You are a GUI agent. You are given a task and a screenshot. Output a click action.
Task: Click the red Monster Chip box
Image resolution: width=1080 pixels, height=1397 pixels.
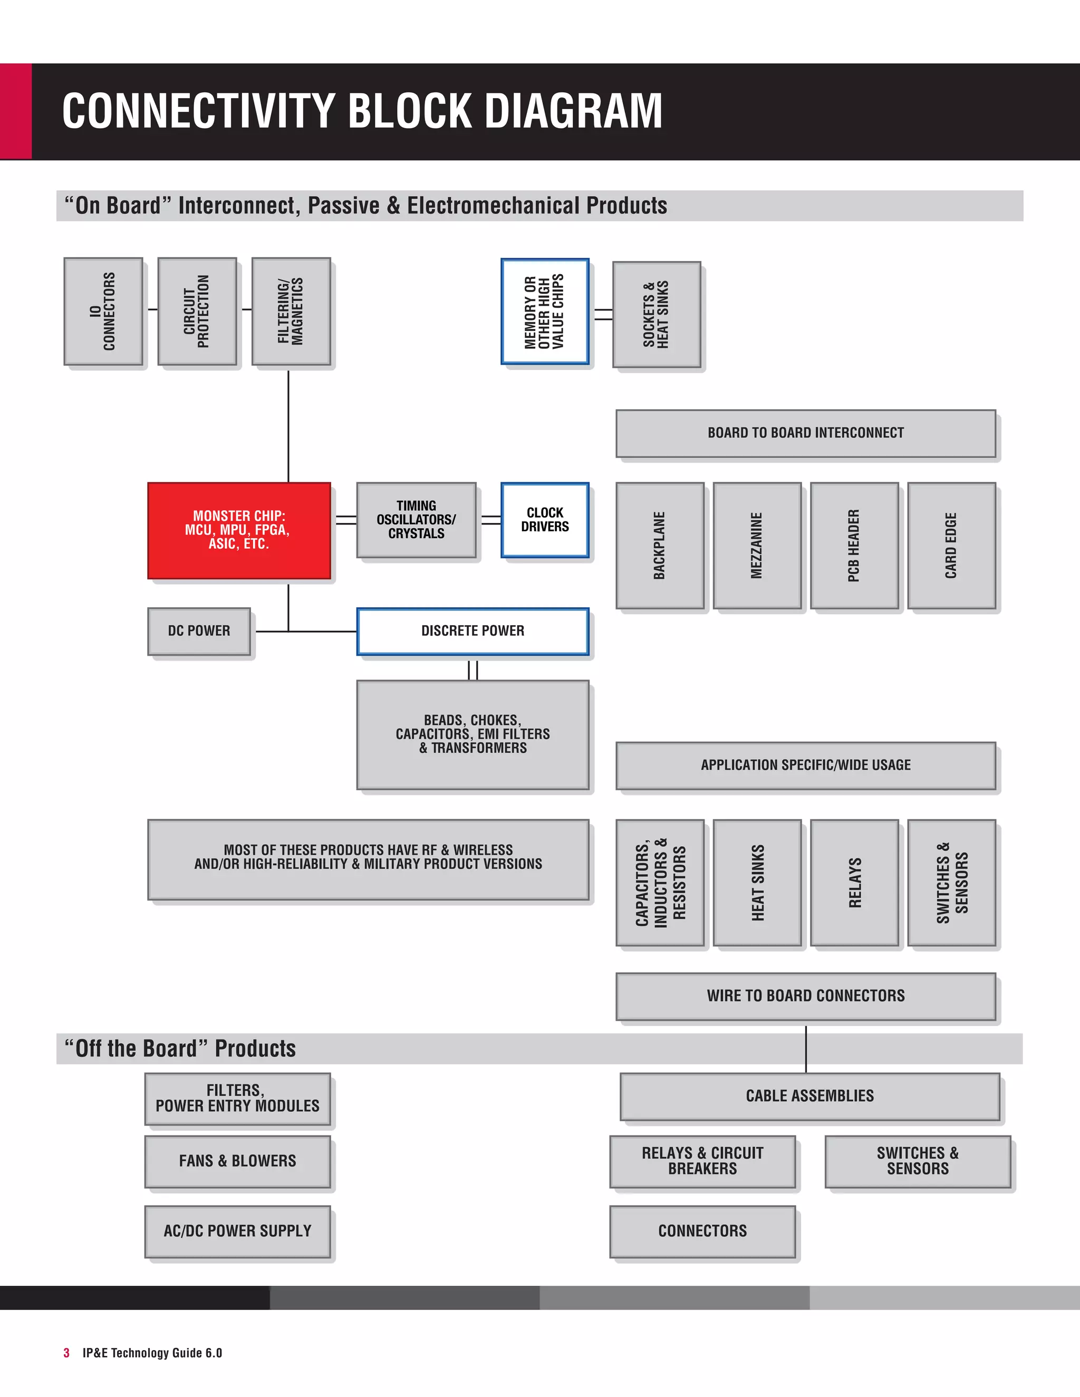click(x=239, y=530)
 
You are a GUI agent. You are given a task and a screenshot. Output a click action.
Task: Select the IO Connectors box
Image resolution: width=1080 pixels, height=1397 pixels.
click(x=103, y=312)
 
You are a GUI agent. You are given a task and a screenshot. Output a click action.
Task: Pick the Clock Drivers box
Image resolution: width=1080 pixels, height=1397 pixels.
click(x=544, y=519)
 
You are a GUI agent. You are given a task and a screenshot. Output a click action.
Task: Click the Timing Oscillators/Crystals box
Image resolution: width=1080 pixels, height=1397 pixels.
click(x=416, y=519)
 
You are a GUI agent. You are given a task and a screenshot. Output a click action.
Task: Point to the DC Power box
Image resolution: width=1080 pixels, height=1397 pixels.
click(x=199, y=630)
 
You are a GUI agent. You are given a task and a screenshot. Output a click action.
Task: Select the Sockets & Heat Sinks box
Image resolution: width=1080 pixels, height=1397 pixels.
click(x=656, y=314)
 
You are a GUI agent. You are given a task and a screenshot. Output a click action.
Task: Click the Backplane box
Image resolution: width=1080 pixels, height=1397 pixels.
click(x=660, y=545)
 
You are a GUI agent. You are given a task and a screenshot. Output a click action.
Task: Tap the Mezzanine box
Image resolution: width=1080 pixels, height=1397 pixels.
click(x=757, y=545)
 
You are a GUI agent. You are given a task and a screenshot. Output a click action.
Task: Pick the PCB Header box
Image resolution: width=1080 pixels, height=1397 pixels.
click(x=854, y=545)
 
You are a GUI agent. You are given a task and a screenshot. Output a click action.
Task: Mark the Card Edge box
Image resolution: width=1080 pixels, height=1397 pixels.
click(x=951, y=545)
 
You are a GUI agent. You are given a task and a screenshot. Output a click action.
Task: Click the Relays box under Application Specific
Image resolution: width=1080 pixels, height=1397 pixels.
click(x=854, y=882)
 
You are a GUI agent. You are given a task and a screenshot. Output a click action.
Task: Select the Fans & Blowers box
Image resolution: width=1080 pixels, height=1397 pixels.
click(x=237, y=1161)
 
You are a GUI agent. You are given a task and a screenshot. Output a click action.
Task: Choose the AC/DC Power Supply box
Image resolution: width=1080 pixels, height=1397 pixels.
click(x=237, y=1231)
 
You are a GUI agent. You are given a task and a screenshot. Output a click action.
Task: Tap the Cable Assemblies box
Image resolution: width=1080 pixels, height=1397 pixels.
click(x=809, y=1096)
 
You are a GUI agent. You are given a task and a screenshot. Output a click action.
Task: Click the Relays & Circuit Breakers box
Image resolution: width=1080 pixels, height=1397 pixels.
click(x=702, y=1161)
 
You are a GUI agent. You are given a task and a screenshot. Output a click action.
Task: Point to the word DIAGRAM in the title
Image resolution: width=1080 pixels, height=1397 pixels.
click(x=573, y=111)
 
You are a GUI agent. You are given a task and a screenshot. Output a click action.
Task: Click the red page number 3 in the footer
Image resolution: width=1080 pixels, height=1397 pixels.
click(x=66, y=1353)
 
